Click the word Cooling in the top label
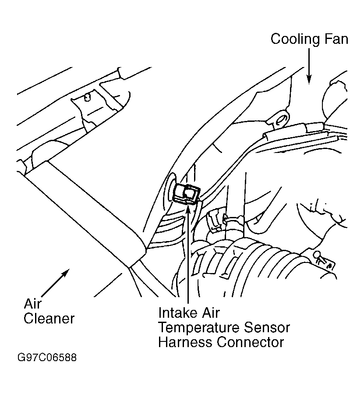click(x=295, y=40)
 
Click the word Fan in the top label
click(x=336, y=39)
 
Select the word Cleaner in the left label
click(x=49, y=319)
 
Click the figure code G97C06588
click(x=47, y=357)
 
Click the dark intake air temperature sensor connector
click(x=187, y=194)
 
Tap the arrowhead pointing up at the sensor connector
click(x=188, y=209)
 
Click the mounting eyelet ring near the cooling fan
click(x=281, y=119)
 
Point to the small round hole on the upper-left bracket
click(x=87, y=97)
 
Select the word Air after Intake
click(x=209, y=313)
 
